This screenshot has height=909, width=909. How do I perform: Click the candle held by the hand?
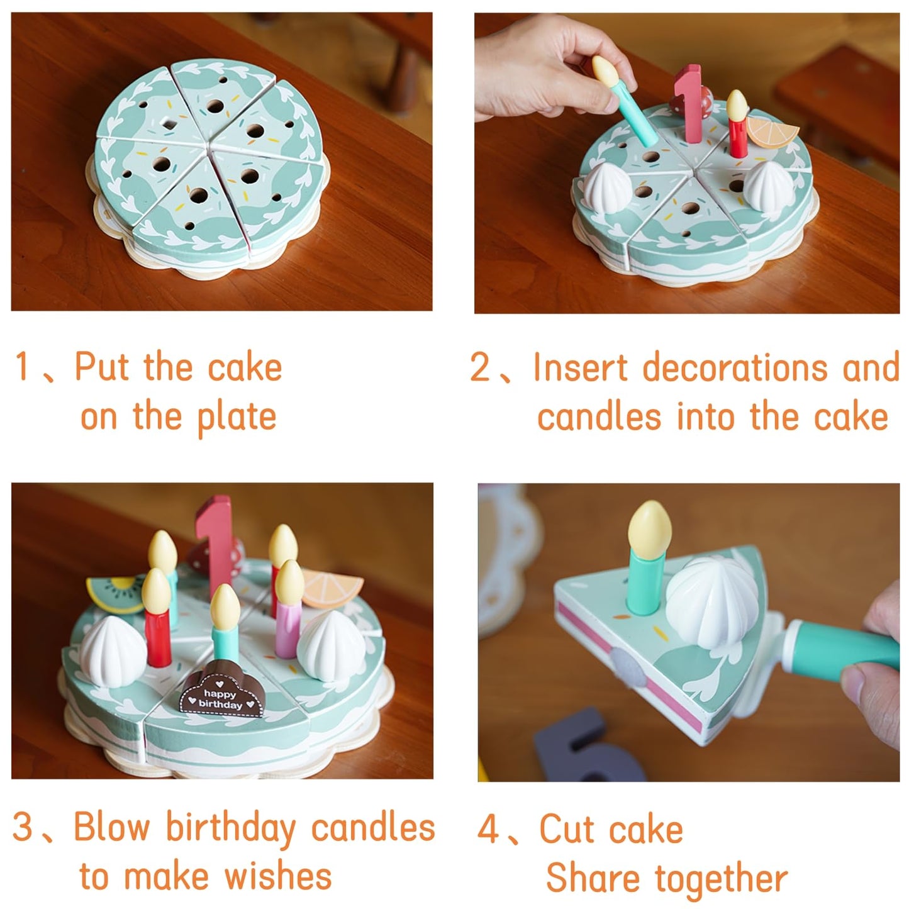[623, 101]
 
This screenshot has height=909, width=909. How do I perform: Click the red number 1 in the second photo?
[688, 103]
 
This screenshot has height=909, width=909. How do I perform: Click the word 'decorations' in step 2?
[735, 367]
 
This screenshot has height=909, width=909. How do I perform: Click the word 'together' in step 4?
[722, 878]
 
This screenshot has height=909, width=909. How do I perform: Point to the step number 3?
[23, 826]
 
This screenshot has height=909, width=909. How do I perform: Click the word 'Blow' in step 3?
[112, 826]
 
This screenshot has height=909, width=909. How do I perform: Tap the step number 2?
[480, 367]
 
